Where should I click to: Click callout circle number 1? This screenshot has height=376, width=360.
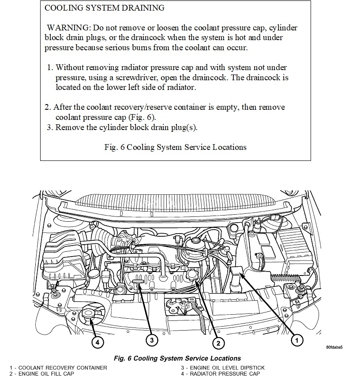(x=297, y=340)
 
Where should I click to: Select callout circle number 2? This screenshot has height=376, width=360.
(x=217, y=342)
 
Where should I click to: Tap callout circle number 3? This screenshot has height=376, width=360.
(x=151, y=340)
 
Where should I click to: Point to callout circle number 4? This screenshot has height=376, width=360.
(x=97, y=341)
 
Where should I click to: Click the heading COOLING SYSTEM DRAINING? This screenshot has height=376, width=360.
(x=105, y=8)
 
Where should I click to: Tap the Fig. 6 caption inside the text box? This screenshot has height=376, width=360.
(x=175, y=147)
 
